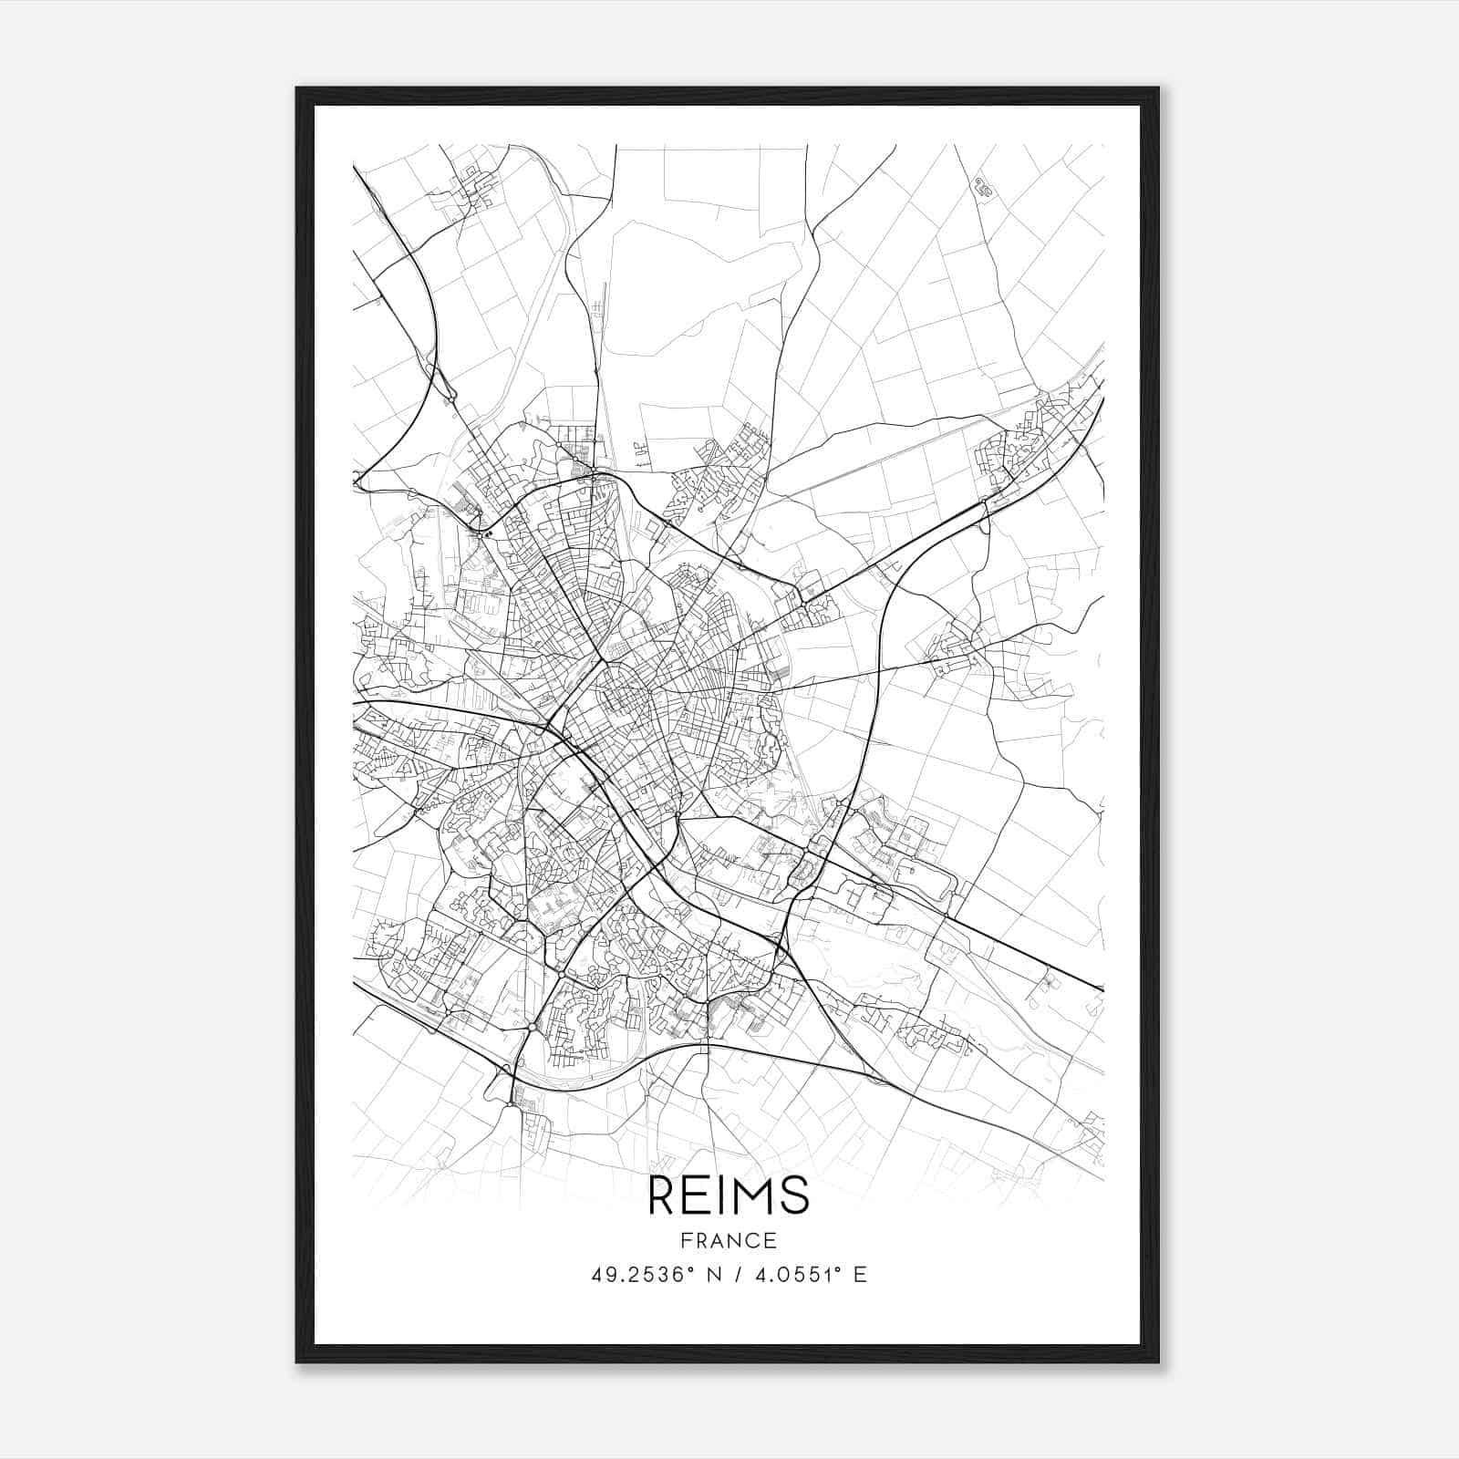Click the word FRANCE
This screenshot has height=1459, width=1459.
(729, 1241)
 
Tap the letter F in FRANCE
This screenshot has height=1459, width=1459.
(687, 1241)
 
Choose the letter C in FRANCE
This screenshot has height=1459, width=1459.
(753, 1241)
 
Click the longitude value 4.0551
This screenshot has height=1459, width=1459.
(792, 1275)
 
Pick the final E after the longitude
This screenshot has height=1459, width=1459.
(860, 1275)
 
